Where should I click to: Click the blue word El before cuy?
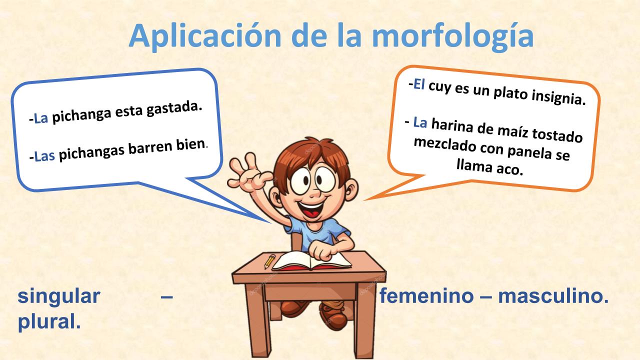pyautogui.click(x=418, y=84)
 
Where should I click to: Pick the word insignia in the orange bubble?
pyautogui.click(x=558, y=97)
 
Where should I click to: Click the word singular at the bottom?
pyautogui.click(x=59, y=296)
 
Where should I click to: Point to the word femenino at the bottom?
pyautogui.click(x=426, y=295)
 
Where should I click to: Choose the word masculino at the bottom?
pyautogui.click(x=553, y=295)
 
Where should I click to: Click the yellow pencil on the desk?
pyautogui.click(x=269, y=261)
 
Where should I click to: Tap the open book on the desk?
pyautogui.click(x=311, y=261)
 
